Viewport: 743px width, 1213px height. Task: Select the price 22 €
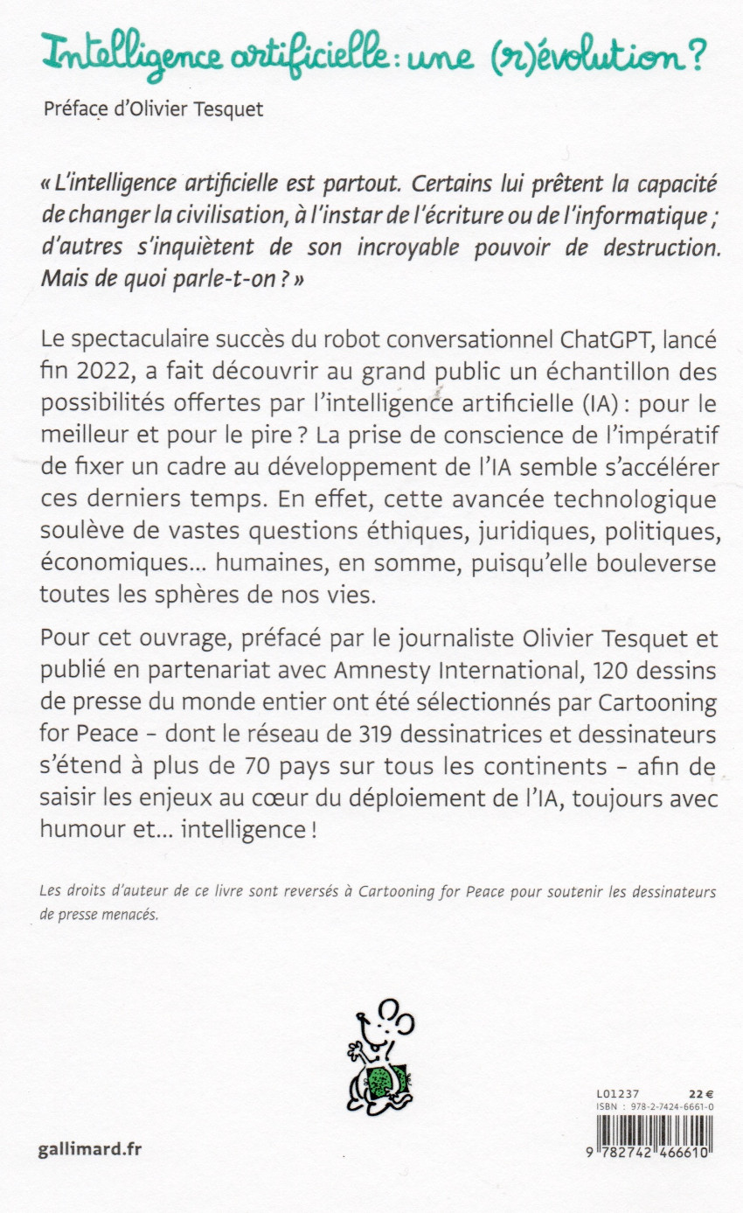[701, 1092]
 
